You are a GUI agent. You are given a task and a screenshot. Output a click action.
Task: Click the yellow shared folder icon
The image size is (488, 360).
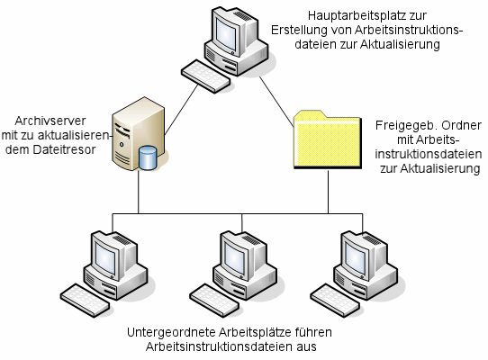click(328, 139)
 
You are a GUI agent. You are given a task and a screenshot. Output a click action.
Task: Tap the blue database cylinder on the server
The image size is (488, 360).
click(148, 157)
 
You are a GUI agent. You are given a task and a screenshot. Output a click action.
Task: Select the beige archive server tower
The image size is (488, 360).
click(138, 134)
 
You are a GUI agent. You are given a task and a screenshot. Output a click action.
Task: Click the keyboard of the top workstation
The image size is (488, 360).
click(205, 76)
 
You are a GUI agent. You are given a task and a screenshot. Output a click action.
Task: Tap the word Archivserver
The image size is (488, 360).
click(50, 121)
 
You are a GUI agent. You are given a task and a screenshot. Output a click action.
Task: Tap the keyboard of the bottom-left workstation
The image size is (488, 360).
click(85, 301)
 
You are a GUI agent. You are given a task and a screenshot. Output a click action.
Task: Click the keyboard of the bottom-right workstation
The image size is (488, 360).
click(336, 301)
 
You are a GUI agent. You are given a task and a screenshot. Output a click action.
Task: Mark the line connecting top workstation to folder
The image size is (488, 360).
click(276, 102)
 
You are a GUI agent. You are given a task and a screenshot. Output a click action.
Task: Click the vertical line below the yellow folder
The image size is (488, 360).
click(328, 192)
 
